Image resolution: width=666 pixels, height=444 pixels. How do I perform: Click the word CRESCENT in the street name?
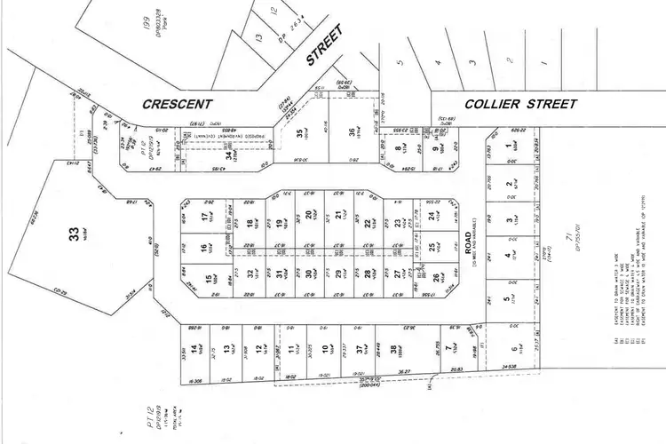[x=178, y=104]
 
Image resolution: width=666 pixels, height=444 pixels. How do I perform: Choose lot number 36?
[x=352, y=134]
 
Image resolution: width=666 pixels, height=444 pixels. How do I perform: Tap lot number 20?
[x=308, y=215]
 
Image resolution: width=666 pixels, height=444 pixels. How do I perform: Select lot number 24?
[x=430, y=216]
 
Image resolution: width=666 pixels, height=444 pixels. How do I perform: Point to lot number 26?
[x=436, y=278]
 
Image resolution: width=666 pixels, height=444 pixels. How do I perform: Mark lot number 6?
[x=512, y=336]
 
